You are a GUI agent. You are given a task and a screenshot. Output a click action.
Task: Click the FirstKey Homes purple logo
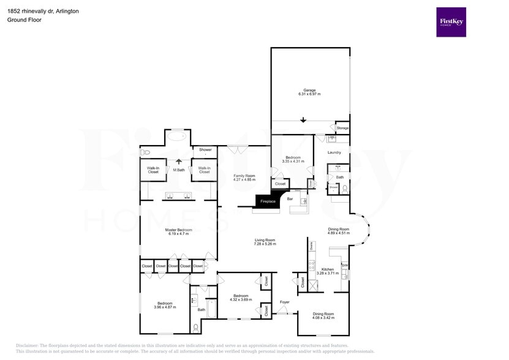tap(451, 22)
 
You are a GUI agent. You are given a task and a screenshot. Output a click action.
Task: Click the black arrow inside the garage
tap(303, 120)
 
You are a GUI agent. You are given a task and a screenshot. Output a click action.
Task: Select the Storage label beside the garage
tap(342, 128)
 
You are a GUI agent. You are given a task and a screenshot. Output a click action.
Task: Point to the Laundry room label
tap(334, 152)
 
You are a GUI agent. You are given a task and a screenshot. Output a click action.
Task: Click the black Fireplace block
tap(268, 201)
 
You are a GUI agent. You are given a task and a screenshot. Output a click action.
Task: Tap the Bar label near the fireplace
tap(290, 199)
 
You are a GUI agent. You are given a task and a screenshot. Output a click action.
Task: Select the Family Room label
tap(244, 176)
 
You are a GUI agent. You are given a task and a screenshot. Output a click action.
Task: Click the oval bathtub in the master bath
tap(178, 136)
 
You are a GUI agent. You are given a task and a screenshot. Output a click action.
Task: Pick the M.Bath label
tap(179, 170)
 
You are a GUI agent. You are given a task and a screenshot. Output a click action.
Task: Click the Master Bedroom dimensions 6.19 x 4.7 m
tap(178, 234)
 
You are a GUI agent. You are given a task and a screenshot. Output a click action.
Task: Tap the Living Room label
tap(265, 240)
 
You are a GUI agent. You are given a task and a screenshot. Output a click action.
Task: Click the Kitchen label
tap(328, 269)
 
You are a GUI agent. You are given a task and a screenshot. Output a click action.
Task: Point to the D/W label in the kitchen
tap(345, 264)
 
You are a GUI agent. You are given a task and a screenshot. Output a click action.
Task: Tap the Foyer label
tap(285, 302)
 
